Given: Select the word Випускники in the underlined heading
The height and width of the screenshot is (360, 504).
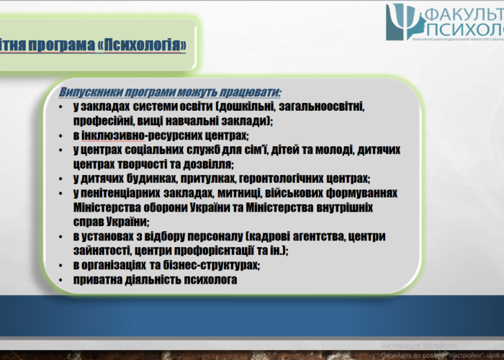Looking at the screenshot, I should (93, 92).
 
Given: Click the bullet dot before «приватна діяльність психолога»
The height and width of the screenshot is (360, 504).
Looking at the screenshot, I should (63, 279).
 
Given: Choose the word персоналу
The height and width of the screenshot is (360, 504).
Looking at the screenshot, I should (209, 236).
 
